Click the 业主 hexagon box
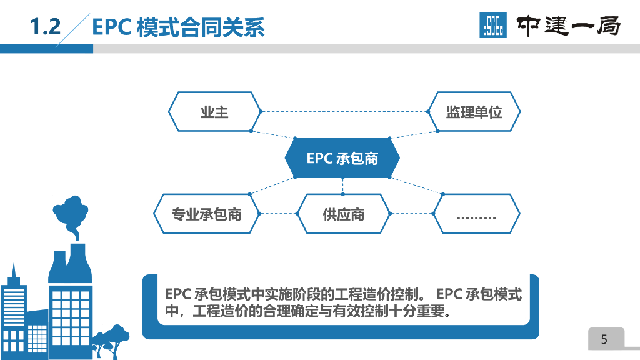pyautogui.click(x=214, y=112)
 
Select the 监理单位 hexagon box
pyautogui.click(x=474, y=112)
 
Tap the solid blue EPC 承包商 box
pyautogui.click(x=342, y=158)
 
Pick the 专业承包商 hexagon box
pyautogui.click(x=206, y=214)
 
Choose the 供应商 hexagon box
pyautogui.click(x=343, y=214)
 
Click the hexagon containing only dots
pyautogui.click(x=476, y=214)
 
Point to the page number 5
pyautogui.click(x=604, y=339)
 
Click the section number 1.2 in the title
pyautogui.click(x=46, y=27)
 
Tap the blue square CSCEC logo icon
pyautogui.click(x=493, y=26)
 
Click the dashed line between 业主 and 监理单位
pyautogui.click(x=344, y=112)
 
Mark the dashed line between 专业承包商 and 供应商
pyautogui.click(x=277, y=214)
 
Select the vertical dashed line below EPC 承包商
pyautogui.click(x=342, y=186)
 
